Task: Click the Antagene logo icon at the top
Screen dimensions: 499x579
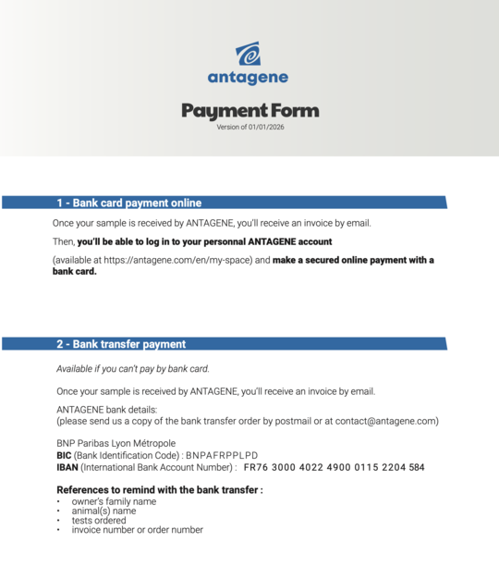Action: tap(248, 54)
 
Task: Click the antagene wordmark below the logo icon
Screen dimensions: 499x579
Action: tap(248, 78)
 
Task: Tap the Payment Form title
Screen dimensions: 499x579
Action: tap(249, 111)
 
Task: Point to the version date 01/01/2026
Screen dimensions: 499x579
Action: tap(265, 127)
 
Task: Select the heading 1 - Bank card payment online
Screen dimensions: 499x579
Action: tap(128, 203)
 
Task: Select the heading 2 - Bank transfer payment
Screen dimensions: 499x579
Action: tap(121, 344)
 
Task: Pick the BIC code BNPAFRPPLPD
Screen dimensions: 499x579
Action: tap(222, 455)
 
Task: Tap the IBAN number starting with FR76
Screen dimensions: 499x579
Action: tap(334, 467)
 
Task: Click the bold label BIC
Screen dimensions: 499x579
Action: tap(64, 455)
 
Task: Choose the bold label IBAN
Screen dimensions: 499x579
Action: tap(67, 467)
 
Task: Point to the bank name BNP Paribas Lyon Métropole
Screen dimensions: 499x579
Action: tap(116, 443)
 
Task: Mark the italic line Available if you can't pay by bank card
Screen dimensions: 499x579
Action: tap(133, 368)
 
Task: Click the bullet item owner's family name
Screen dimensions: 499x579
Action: tap(114, 501)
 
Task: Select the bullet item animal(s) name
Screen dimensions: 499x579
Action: tap(103, 511)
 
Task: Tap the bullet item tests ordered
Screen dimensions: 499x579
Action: tap(99, 520)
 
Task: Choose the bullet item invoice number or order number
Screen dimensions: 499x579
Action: tap(137, 530)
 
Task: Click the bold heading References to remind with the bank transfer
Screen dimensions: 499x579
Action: tap(159, 489)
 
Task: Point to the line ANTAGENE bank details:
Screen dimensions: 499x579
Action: tap(106, 409)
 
